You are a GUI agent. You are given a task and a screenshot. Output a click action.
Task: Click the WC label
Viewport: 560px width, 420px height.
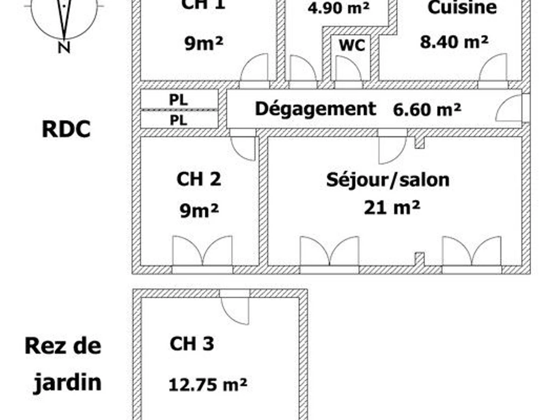352,45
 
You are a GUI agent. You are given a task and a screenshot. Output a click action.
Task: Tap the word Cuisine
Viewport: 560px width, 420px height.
462,7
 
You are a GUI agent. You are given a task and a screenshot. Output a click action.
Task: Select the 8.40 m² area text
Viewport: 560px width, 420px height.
454,42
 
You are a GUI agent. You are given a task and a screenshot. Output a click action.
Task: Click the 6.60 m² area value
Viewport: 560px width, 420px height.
427,110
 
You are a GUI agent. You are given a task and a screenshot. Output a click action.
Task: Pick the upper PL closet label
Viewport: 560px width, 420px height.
178,100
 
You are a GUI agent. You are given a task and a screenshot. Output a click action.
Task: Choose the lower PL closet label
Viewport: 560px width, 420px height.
178,120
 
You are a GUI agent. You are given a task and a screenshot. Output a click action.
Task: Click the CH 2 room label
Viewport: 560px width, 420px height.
199,179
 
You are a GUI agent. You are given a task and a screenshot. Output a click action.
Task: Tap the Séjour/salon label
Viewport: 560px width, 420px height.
388,181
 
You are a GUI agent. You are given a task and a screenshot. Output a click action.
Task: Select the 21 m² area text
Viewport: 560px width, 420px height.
392,208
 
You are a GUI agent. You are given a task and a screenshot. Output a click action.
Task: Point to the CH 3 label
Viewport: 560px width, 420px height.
192,343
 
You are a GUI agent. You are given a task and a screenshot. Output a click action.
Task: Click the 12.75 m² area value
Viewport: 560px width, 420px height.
208,385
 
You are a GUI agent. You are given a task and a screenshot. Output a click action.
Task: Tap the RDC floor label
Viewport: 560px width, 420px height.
66,130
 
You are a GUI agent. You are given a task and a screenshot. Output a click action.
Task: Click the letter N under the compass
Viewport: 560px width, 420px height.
64,48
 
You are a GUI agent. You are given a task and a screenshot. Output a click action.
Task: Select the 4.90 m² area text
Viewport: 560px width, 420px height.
338,7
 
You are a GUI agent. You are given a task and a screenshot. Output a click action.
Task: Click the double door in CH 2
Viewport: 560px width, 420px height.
203,251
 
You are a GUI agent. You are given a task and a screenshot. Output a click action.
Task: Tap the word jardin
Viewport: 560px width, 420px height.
68,383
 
